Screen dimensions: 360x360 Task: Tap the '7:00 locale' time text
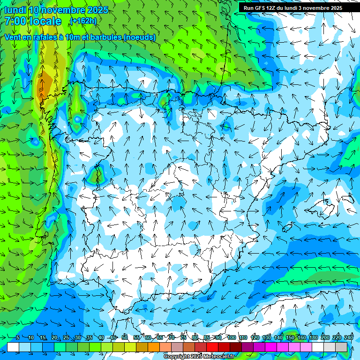pyautogui.click(x=33, y=21)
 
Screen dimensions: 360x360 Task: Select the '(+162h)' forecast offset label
pyautogui.click(x=83, y=21)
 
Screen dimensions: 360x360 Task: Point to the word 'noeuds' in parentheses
pyautogui.click(x=139, y=37)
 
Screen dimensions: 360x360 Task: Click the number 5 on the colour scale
pyautogui.click(x=18, y=337)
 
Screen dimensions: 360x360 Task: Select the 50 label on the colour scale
pyautogui.click(x=125, y=337)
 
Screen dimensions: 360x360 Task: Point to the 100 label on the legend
pyautogui.click(x=231, y=337)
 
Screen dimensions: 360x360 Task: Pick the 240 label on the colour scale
pyautogui.click(x=349, y=337)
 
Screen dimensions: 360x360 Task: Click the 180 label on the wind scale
pyautogui.click(x=313, y=337)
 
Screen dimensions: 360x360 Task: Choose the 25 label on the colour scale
pyautogui.click(x=66, y=337)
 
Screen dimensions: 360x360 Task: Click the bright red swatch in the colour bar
pyautogui.click(x=212, y=347)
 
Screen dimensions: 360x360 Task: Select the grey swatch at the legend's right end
pyautogui.click(x=341, y=347)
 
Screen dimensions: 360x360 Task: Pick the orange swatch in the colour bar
pyautogui.click(x=154, y=347)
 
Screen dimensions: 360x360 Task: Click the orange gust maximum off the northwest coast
pyautogui.click(x=45, y=83)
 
